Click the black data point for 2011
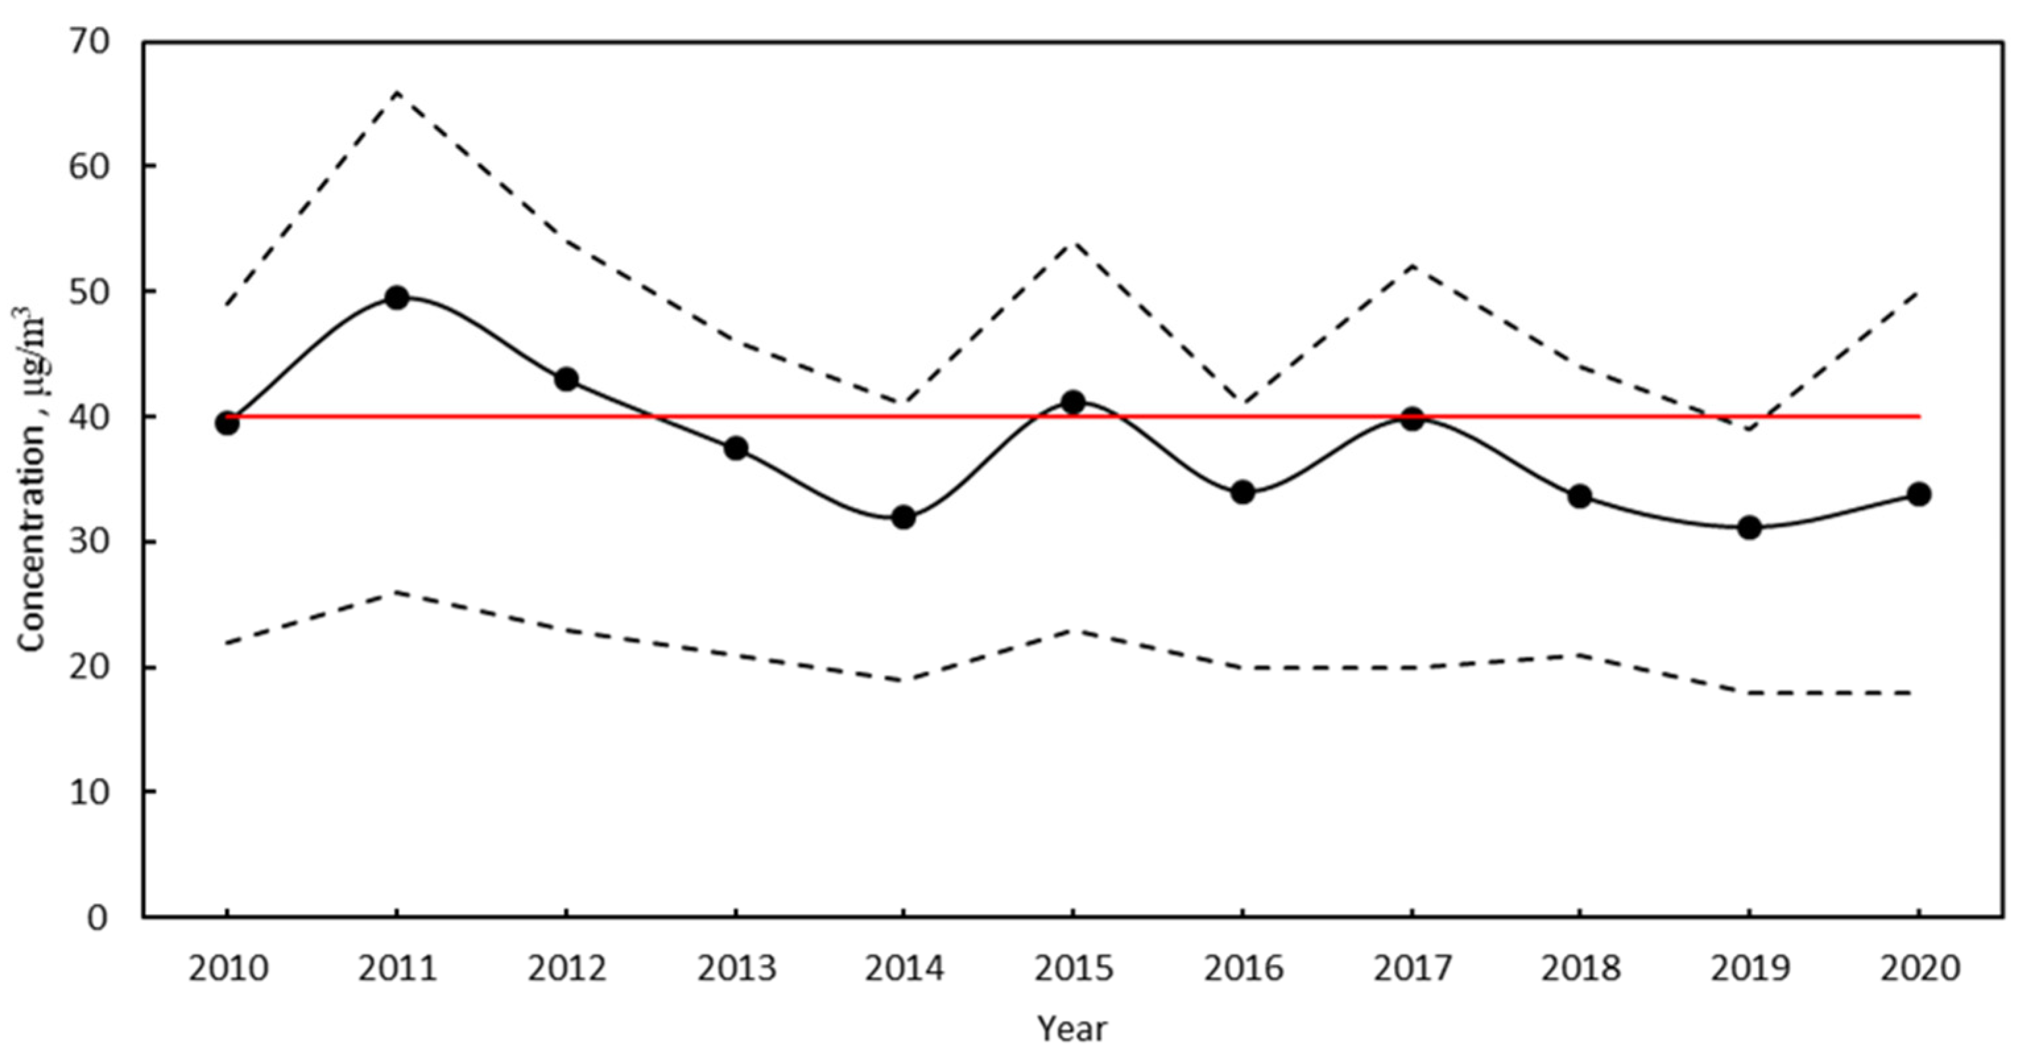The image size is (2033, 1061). (x=397, y=297)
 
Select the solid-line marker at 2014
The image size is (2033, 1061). (x=904, y=518)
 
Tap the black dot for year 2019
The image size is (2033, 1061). (x=1750, y=528)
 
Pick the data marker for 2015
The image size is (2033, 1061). (x=1073, y=402)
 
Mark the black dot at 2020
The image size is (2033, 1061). (x=1918, y=494)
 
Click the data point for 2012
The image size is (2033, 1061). (x=566, y=379)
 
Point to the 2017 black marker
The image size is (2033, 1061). (x=1412, y=419)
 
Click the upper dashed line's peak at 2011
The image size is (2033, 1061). (x=397, y=92)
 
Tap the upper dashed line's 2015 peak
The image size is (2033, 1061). (x=1073, y=241)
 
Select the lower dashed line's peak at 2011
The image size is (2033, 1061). (x=397, y=591)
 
